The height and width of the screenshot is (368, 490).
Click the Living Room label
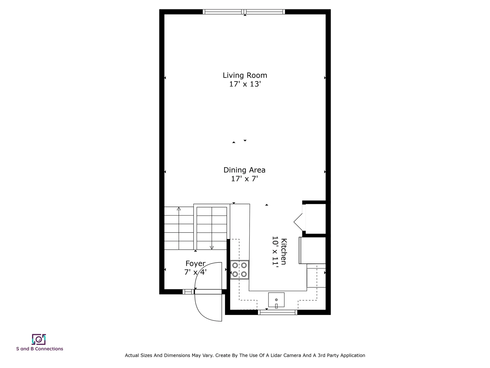pos(245,75)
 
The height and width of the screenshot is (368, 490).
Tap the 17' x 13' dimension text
pos(245,84)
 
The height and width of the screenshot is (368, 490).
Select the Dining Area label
pos(244,170)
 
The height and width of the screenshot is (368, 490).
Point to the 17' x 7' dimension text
pos(244,179)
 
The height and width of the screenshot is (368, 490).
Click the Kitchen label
pos(284,251)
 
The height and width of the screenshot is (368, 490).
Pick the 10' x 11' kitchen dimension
pos(275,251)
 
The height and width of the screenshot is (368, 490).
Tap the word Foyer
pos(195,263)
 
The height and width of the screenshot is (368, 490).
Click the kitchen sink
pos(276,300)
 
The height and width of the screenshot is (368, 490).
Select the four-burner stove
pos(239,270)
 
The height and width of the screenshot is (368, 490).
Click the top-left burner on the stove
pos(235,265)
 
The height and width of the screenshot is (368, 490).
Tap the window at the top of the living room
pos(244,12)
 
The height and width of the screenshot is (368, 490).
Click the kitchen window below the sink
pos(277,312)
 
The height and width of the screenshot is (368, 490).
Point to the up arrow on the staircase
pos(179,209)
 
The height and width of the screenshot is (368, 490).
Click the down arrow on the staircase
pos(212,247)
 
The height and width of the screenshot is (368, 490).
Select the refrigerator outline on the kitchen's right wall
pos(312,250)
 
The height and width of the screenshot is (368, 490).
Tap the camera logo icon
pos(39,339)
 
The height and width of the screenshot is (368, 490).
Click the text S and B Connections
pos(40,349)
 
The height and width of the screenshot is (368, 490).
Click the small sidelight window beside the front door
pos(188,292)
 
